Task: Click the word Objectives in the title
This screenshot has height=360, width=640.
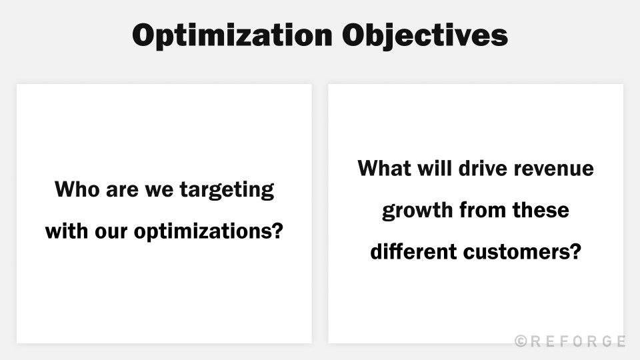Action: (425, 35)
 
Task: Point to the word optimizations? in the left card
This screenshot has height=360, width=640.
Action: (209, 233)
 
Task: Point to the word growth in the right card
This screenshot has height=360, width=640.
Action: (417, 211)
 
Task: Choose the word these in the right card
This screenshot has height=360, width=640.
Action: (541, 211)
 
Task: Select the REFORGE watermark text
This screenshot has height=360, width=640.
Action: (578, 341)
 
